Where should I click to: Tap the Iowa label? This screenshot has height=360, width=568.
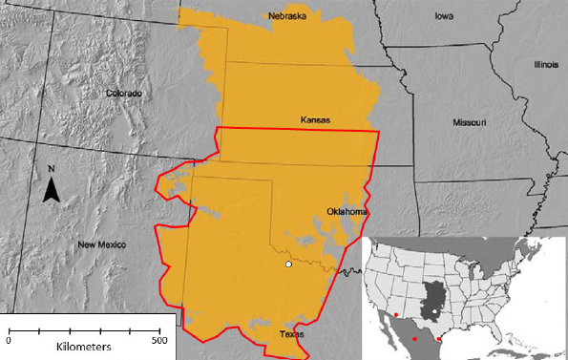(444, 16)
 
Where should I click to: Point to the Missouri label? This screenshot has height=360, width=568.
(469, 123)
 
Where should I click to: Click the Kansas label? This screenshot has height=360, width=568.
(315, 120)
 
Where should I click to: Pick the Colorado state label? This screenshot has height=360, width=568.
(124, 94)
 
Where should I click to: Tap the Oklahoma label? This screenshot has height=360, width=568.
(347, 211)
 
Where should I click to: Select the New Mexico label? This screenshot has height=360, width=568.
(102, 244)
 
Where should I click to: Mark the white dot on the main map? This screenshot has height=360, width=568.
(288, 265)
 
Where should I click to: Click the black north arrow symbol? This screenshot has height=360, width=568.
(53, 190)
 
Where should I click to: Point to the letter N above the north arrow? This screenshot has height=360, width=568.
(53, 170)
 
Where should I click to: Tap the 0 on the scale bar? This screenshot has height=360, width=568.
(9, 340)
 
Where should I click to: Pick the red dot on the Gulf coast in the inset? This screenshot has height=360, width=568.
(438, 339)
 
